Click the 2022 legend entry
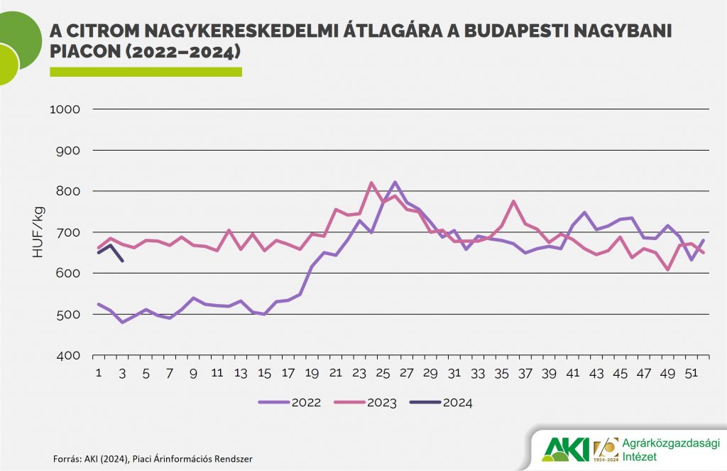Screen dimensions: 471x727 (305, 402)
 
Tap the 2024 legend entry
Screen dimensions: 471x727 (457, 402)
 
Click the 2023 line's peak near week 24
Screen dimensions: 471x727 (371, 183)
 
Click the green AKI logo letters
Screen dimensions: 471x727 (566, 448)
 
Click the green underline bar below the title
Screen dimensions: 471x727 (146, 72)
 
